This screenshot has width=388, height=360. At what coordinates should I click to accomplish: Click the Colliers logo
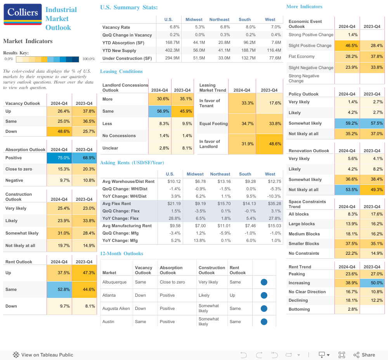click(23, 14)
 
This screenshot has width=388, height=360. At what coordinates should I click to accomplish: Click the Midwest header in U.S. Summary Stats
click(194, 19)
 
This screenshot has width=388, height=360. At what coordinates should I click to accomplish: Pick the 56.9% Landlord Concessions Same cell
click(160, 111)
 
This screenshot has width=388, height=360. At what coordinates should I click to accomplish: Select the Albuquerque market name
click(114, 282)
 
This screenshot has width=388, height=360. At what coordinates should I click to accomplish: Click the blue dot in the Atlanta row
click(264, 295)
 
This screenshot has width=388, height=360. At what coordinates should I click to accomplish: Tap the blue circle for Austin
click(264, 322)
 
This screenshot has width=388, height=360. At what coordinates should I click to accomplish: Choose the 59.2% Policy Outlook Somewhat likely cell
click(347, 123)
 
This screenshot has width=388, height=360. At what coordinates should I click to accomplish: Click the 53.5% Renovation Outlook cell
click(347, 190)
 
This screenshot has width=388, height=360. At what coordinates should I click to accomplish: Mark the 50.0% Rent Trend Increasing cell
click(372, 283)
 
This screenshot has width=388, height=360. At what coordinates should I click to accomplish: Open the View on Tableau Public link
click(43, 355)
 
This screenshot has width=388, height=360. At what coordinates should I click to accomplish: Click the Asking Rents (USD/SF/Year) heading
click(132, 162)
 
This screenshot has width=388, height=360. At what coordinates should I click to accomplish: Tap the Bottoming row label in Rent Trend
click(299, 309)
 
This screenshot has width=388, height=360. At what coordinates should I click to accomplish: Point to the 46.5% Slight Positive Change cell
click(347, 45)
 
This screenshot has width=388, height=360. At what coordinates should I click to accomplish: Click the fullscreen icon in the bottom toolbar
click(342, 355)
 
